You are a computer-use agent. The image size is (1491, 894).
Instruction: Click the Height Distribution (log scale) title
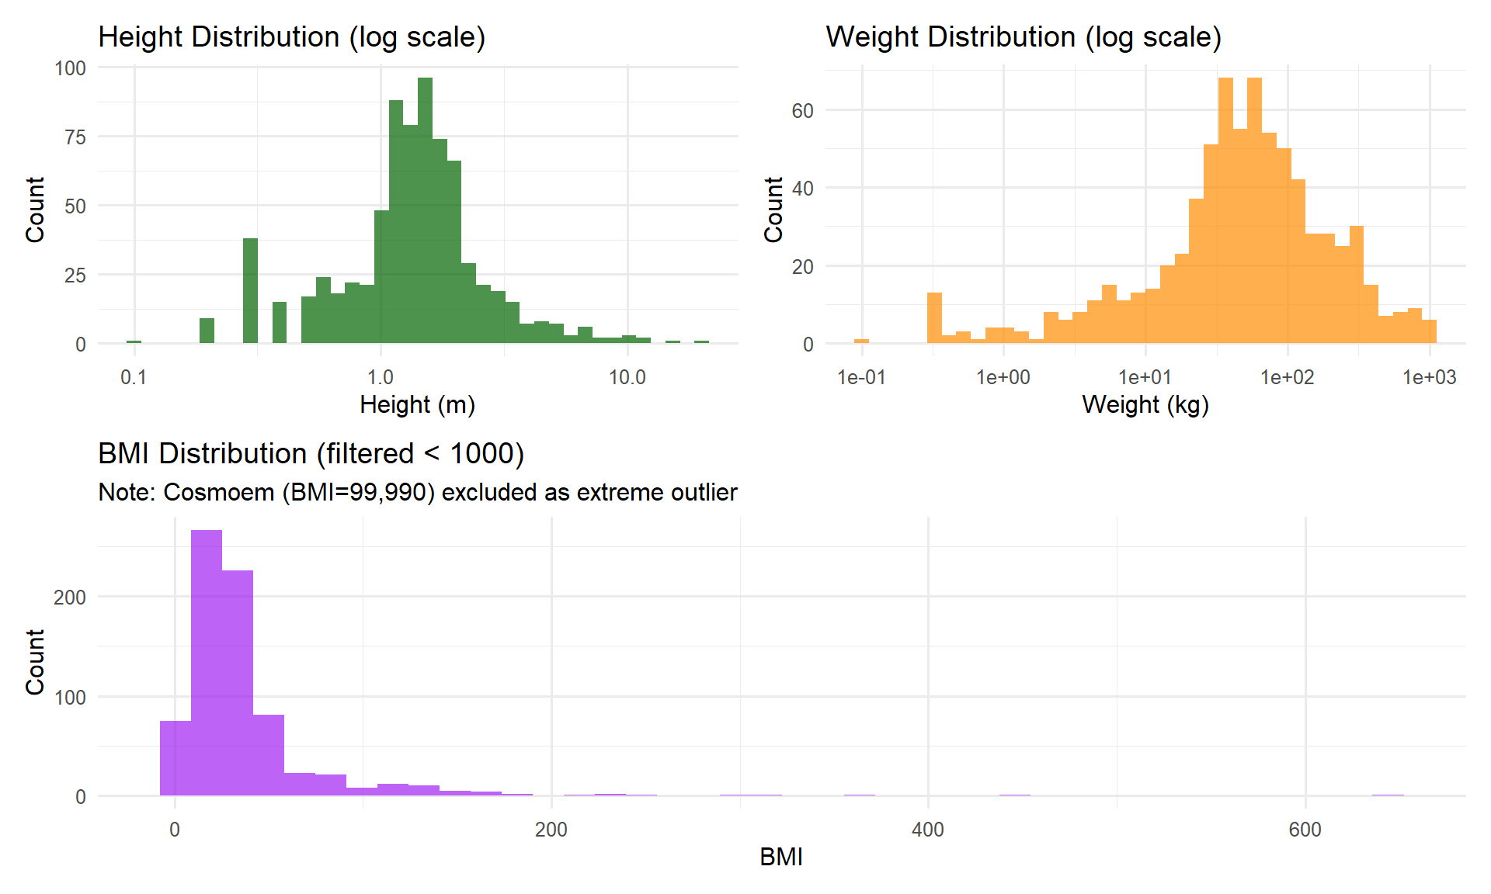tap(292, 37)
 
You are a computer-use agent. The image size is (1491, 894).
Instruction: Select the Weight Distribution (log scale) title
tap(1024, 37)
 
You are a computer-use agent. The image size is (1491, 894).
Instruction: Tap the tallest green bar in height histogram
tap(425, 210)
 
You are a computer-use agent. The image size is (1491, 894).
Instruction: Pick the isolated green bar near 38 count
tap(250, 291)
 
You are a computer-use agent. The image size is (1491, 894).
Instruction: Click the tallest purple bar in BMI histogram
tap(207, 663)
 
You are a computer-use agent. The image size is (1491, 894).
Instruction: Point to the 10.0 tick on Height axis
tap(627, 377)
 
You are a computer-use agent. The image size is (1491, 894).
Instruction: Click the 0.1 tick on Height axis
tap(134, 377)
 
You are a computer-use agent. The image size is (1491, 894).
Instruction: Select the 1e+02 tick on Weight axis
tap(1288, 377)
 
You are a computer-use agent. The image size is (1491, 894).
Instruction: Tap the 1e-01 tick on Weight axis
tap(862, 377)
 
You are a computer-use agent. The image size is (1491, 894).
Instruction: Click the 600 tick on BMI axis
tap(1305, 830)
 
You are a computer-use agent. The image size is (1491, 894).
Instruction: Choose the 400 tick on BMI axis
tap(928, 830)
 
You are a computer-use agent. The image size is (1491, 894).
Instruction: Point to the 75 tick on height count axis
tap(75, 137)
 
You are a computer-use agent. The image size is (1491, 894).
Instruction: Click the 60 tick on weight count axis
tap(802, 111)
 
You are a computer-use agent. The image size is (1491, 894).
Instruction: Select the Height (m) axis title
tap(418, 404)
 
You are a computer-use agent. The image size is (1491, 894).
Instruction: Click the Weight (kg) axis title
tap(1145, 404)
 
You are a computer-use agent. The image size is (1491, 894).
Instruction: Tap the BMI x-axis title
tap(781, 857)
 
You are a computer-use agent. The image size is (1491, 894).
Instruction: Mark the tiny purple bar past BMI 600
tap(1388, 795)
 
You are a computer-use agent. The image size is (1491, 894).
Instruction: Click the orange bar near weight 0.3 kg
tap(934, 317)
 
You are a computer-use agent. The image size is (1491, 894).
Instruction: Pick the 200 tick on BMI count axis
tap(70, 597)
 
